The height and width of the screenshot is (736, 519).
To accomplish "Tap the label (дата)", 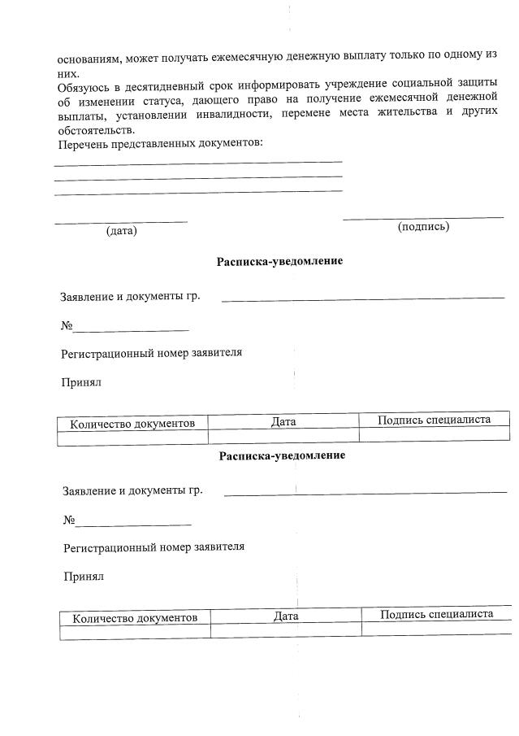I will tap(121, 231).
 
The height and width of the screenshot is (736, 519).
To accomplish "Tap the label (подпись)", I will tap(423, 226).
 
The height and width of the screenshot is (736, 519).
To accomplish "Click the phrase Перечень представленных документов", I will tap(160, 144).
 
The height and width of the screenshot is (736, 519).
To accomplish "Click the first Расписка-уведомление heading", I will tap(279, 261).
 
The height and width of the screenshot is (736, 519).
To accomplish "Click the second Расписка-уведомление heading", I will tap(282, 455).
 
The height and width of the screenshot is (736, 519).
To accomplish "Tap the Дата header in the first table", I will tap(283, 422).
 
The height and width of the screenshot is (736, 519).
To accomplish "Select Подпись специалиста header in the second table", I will tap(436, 614).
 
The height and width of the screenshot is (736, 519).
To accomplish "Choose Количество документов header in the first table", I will tap(132, 424).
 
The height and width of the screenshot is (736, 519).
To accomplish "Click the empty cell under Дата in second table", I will tap(286, 630).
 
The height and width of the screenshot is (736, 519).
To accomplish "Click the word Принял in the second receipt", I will tap(84, 577).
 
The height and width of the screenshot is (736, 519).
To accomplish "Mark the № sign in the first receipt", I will tap(67, 326).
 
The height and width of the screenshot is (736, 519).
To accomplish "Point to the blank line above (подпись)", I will tap(423, 217).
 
